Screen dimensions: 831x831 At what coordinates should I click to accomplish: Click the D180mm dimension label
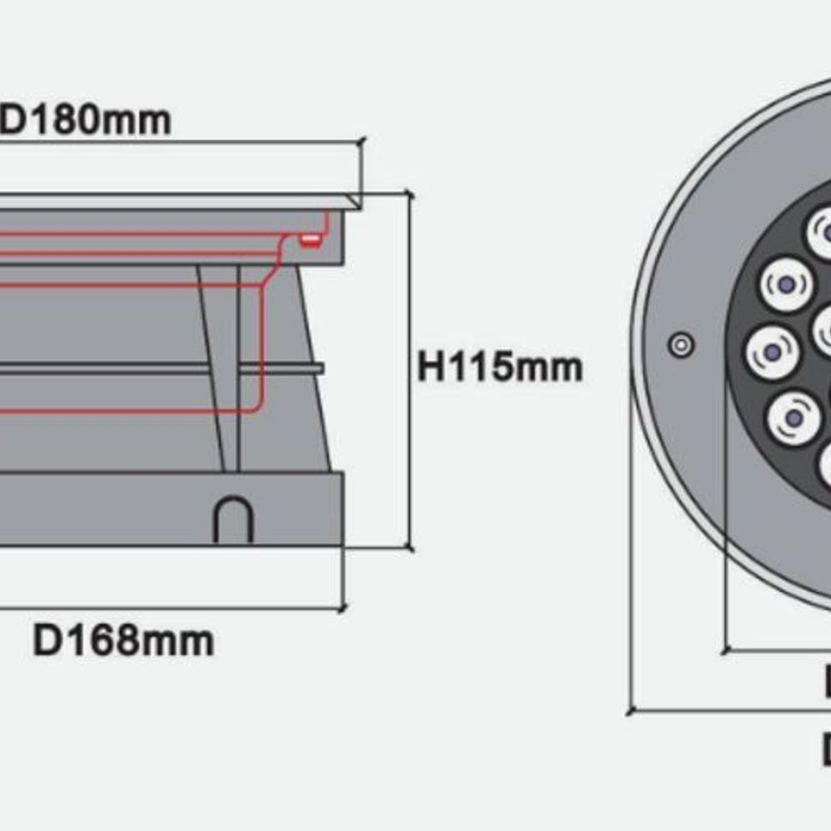coord(87,120)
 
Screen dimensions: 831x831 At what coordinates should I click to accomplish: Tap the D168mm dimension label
coord(123,641)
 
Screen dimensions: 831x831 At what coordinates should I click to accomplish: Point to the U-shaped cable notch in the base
coord(233,519)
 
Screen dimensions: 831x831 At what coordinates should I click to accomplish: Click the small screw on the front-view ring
coord(681,344)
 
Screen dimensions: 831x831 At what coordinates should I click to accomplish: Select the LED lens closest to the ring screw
coord(772,352)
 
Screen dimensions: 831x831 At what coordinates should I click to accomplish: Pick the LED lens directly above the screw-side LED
coord(785,285)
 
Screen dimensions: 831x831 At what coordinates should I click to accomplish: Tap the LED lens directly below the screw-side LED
coord(794,418)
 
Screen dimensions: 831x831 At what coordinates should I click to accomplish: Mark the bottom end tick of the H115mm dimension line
coord(411,548)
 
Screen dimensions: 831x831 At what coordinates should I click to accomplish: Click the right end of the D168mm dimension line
coord(342,609)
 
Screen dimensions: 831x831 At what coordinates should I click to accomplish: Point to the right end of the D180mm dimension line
coord(361,142)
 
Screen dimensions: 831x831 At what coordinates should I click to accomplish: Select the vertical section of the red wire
coord(262,346)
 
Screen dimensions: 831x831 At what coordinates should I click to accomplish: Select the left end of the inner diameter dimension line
coord(725,650)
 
